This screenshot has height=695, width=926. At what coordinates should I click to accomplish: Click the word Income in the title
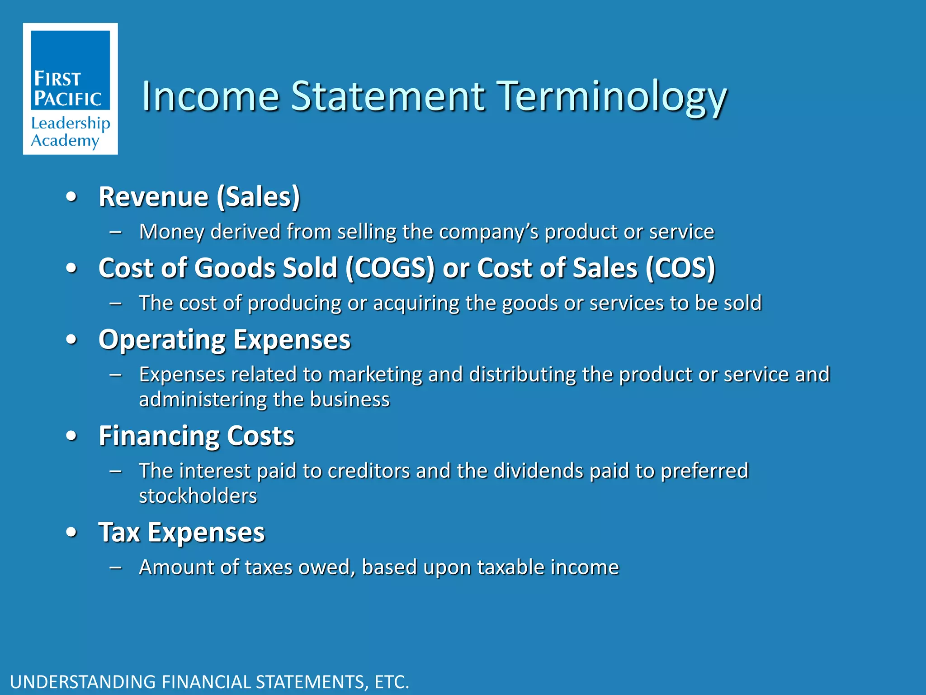pyautogui.click(x=211, y=96)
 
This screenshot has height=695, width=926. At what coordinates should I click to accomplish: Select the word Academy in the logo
pyautogui.click(x=65, y=141)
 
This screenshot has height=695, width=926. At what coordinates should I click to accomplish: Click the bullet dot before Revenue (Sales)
pyautogui.click(x=71, y=197)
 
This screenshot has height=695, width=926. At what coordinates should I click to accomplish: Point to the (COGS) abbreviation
pyautogui.click(x=390, y=268)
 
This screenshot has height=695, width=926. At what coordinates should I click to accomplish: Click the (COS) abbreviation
pyautogui.click(x=680, y=268)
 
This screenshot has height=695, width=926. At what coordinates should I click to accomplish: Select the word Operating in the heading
pyautogui.click(x=161, y=340)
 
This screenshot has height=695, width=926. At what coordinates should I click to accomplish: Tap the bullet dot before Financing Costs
pyautogui.click(x=71, y=436)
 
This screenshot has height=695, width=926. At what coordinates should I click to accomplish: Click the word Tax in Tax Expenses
pyautogui.click(x=119, y=532)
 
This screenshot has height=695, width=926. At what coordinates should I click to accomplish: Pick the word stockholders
pyautogui.click(x=198, y=496)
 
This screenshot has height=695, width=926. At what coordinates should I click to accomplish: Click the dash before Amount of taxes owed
pyautogui.click(x=116, y=567)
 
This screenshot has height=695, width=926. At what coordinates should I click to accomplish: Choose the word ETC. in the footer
pyautogui.click(x=392, y=682)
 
